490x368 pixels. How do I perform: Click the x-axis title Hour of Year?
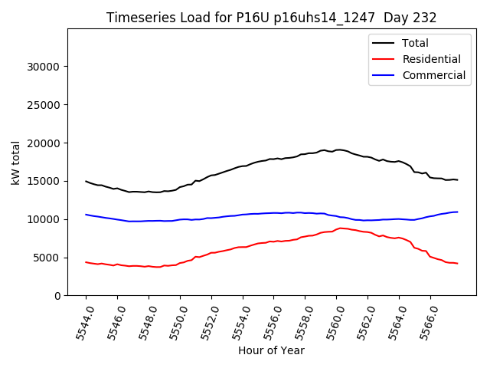click(271, 350)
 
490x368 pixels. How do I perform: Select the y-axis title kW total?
click(15, 161)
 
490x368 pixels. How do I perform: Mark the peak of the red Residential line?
click(341, 228)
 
